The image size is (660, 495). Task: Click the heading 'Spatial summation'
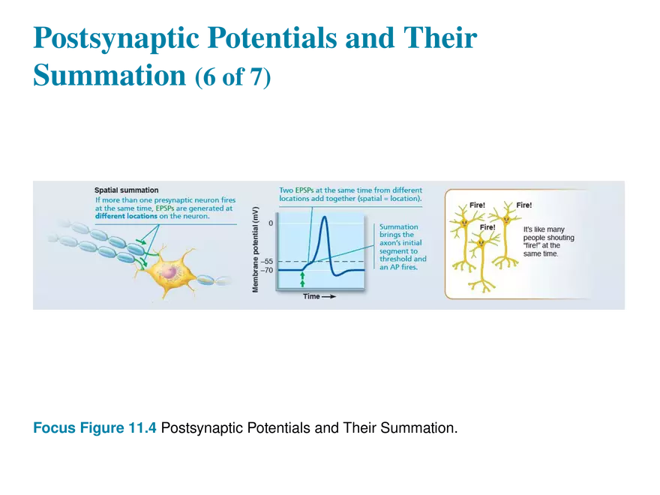pyautogui.click(x=126, y=190)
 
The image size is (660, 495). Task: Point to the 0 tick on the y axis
pyautogui.click(x=271, y=223)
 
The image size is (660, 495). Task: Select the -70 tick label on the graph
pyautogui.click(x=267, y=269)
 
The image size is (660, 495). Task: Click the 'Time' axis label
pyautogui.click(x=311, y=296)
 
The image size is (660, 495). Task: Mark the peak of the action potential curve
pyautogui.click(x=324, y=217)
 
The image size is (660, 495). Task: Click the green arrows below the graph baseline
pyautogui.click(x=302, y=280)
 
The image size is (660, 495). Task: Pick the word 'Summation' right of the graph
pyautogui.click(x=399, y=226)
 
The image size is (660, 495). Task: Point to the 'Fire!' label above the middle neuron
pyautogui.click(x=487, y=227)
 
